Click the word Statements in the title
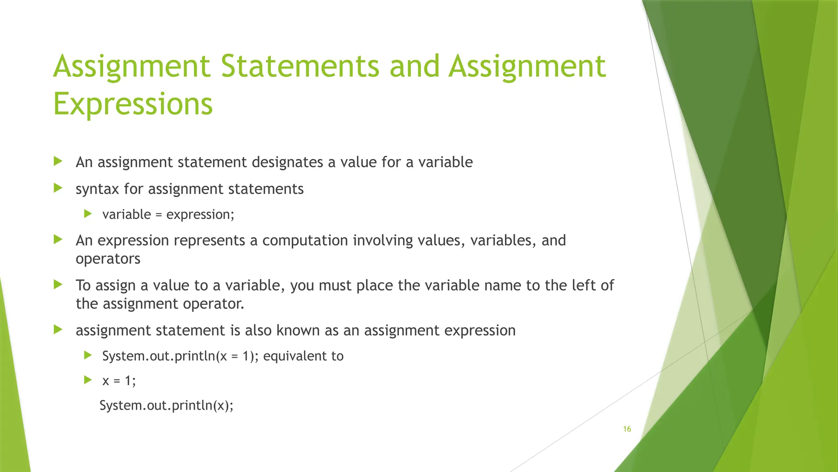300,66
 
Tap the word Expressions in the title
133,104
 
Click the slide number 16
627,429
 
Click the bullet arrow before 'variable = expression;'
88,213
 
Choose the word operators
108,259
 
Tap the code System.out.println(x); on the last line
167,405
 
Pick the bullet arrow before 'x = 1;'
88,380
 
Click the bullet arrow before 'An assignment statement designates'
58,161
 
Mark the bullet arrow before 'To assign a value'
58,284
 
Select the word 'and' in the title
414,66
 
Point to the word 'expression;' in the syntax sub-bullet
200,214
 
